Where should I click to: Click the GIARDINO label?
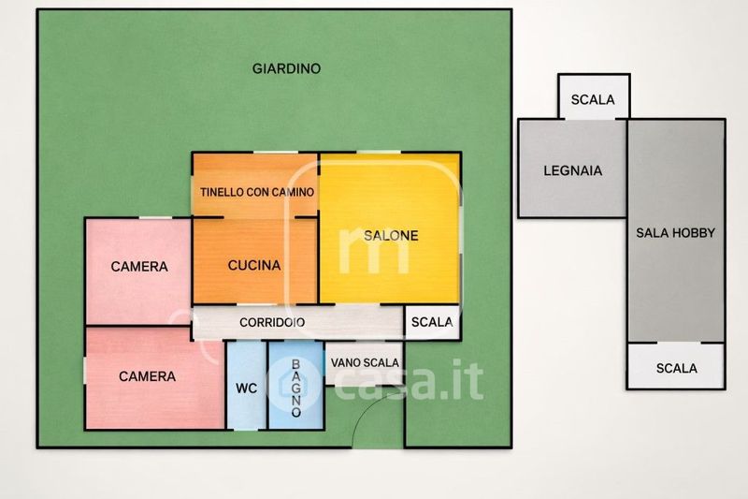point(286,68)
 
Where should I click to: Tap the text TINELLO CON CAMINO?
point(257,193)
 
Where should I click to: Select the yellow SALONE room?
point(390,228)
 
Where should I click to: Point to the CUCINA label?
point(254,266)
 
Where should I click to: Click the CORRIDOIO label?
point(272,323)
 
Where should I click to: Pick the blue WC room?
point(246,385)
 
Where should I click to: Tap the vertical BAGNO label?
point(295,389)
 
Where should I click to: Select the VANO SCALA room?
point(365,363)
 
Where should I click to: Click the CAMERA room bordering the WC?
point(155,377)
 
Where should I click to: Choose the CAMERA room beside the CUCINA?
point(138,272)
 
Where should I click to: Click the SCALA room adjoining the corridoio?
point(432,322)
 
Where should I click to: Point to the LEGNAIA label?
point(572,171)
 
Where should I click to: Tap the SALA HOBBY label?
point(675,233)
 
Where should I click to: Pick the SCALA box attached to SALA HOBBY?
point(676,365)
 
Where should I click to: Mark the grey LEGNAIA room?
point(572,169)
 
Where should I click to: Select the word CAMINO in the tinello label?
point(295,193)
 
